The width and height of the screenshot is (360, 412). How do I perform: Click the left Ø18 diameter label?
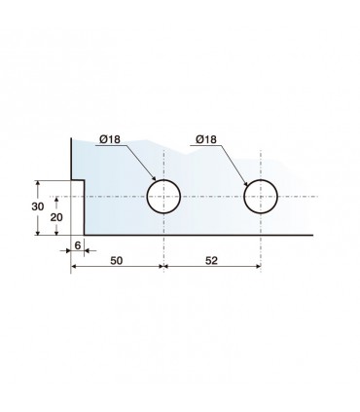coord(110,139)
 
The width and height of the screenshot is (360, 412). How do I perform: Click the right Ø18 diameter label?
coord(206,139)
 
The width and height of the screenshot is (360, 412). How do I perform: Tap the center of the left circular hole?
coord(163,197)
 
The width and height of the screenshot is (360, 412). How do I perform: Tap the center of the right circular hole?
coord(261,197)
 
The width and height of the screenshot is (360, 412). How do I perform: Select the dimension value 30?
coord(38,206)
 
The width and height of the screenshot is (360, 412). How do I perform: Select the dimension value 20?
coord(56,217)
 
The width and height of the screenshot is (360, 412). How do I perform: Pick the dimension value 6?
coord(78,245)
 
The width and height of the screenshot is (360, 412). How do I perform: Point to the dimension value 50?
coord(117,260)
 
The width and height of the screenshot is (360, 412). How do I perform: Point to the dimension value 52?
coord(211,260)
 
